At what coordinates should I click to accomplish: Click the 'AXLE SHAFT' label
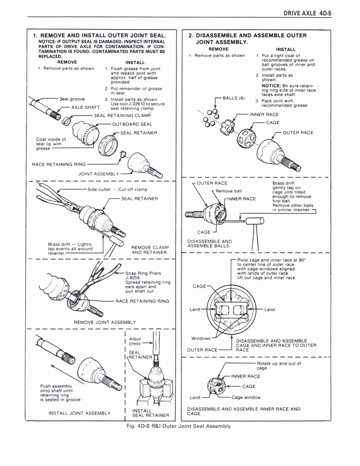pyautogui.click(x=86, y=107)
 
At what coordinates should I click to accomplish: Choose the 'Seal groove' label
pyautogui.click(x=72, y=99)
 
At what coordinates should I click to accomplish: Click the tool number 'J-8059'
pyautogui.click(x=133, y=277)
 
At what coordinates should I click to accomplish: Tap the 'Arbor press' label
pyautogui.click(x=135, y=341)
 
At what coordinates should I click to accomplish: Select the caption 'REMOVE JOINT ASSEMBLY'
pyautogui.click(x=105, y=322)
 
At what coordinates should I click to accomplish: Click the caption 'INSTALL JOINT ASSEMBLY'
pyautogui.click(x=80, y=413)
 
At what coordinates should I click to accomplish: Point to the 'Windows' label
pyautogui.click(x=201, y=338)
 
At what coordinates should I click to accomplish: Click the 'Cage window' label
pyautogui.click(x=246, y=397)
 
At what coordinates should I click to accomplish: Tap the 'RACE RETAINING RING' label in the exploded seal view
pyautogui.click(x=59, y=165)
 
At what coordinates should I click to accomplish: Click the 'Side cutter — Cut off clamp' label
pyautogui.click(x=117, y=189)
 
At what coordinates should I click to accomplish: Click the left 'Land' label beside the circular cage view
pyautogui.click(x=195, y=309)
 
